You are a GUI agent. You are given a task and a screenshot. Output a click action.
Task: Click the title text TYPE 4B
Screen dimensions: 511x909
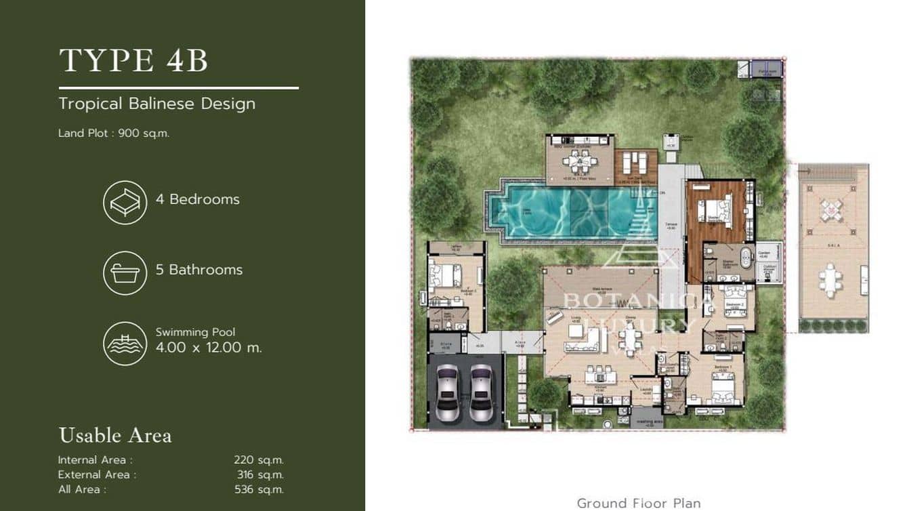tap(133, 60)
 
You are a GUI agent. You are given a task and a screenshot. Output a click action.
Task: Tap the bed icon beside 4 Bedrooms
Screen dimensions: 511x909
tap(125, 202)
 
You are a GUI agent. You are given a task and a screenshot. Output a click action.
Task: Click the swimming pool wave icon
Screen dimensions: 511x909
tap(125, 344)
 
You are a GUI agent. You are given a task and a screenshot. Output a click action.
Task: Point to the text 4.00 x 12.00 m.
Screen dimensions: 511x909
tap(209, 348)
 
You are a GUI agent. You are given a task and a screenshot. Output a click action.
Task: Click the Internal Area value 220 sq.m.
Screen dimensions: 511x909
tap(259, 460)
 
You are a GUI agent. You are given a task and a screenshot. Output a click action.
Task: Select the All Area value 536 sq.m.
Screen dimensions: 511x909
tap(259, 489)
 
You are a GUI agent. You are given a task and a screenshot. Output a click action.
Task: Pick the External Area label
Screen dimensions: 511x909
tap(97, 474)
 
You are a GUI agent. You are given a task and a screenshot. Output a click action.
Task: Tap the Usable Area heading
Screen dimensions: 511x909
tap(115, 435)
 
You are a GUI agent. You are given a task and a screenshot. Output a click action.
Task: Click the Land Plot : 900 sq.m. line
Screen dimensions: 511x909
tap(114, 134)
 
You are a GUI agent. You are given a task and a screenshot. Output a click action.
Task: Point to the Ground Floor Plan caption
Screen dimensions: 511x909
tap(638, 503)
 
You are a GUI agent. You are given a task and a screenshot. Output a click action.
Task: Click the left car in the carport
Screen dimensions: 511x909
tap(447, 392)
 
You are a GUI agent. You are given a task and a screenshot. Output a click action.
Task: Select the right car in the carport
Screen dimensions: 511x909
tap(482, 392)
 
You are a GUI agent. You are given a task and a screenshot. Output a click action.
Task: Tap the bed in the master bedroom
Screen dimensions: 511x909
tap(717, 211)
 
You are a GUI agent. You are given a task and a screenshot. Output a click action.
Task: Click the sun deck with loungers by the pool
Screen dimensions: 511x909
tap(635, 163)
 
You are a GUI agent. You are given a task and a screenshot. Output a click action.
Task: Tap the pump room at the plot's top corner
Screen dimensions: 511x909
tap(766, 69)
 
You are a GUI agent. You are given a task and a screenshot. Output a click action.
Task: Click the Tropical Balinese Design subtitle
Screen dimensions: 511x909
tap(156, 104)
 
